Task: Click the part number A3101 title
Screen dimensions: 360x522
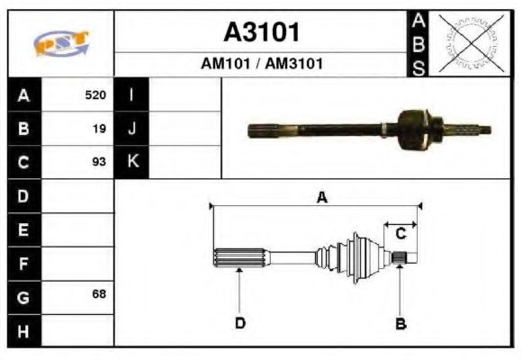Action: coord(261,33)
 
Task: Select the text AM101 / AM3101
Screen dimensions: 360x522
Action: coord(261,64)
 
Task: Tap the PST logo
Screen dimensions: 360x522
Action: coord(60,44)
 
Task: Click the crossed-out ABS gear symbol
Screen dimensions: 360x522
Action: coord(469,42)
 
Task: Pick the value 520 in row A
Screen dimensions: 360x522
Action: coord(95,95)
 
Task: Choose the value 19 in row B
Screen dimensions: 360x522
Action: coord(99,129)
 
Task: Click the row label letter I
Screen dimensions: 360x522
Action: coord(131,95)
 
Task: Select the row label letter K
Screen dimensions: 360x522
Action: coord(131,162)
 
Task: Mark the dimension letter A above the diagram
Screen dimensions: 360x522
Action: coord(321,198)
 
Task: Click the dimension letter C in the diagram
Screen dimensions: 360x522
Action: coord(401,233)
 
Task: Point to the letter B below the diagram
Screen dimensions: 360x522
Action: coord(401,323)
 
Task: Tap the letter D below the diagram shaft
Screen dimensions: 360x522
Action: coord(240,323)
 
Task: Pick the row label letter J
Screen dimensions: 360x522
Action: coord(131,129)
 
